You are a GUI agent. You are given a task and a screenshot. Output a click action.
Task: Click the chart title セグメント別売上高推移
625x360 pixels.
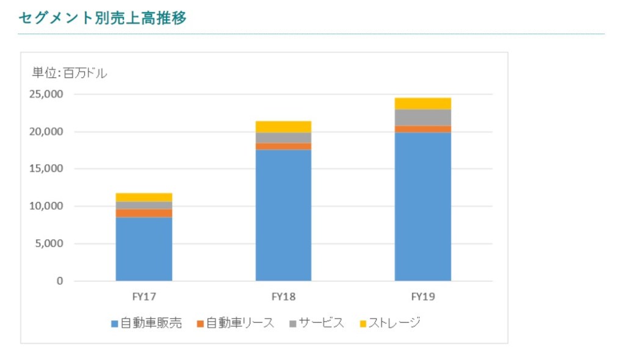(102, 18)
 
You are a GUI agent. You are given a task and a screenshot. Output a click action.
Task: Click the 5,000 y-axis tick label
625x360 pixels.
(48, 244)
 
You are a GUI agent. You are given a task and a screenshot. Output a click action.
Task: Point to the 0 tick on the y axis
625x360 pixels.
(60, 281)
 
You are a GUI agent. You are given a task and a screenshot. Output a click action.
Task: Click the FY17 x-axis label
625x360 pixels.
(144, 297)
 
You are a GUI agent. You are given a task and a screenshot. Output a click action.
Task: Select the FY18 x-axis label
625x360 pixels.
(283, 297)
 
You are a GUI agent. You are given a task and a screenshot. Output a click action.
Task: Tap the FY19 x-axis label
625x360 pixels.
(423, 297)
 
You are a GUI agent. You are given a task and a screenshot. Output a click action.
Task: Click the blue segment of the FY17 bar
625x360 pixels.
(144, 249)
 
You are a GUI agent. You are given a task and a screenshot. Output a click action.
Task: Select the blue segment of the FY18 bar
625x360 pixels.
(283, 215)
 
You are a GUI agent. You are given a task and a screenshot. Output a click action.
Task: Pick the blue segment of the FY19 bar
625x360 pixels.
(423, 207)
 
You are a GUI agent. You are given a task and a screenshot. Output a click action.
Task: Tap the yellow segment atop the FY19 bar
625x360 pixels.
(423, 103)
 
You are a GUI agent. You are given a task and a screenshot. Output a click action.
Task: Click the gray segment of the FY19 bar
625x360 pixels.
(423, 117)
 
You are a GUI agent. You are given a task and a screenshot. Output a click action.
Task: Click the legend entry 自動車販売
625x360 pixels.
(146, 323)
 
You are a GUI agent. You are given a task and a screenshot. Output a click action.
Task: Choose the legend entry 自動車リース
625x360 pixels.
(235, 323)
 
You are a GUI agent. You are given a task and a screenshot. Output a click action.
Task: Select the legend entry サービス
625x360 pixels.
(317, 323)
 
